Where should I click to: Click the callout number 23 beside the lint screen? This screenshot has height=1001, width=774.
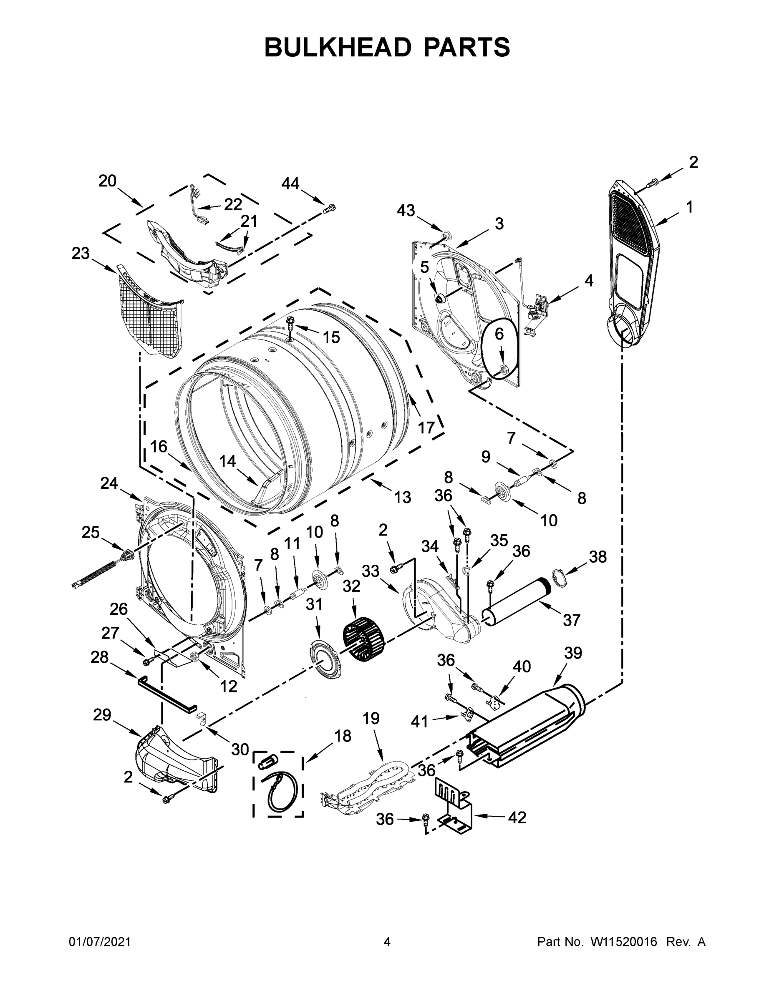80,253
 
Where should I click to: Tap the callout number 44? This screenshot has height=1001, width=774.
290,184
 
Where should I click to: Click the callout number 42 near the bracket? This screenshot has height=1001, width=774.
517,817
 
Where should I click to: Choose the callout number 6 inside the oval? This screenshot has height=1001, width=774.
499,334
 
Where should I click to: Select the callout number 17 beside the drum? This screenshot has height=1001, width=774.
426,428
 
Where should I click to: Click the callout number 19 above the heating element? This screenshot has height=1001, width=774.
371,718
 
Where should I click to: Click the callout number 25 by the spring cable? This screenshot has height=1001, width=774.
90,532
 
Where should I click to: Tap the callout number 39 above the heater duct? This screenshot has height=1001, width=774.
573,653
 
